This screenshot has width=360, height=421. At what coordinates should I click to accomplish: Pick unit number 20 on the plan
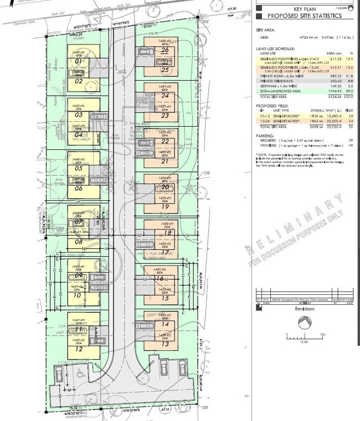(164, 187)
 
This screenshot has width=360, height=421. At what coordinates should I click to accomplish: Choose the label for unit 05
(79, 168)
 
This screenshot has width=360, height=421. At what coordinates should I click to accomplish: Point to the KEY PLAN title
(305, 9)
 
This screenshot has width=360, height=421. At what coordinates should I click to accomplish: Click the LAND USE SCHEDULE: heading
(274, 49)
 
